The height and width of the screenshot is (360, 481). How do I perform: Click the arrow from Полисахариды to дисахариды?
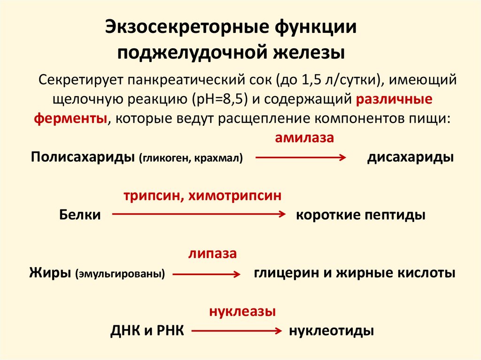[x=301, y=158]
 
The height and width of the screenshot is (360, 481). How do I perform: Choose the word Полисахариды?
[x=83, y=157]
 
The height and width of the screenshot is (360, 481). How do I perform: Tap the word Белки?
[x=80, y=215]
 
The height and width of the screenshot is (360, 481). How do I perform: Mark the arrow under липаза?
[x=206, y=273]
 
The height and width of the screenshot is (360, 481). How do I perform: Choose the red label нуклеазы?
[x=242, y=311]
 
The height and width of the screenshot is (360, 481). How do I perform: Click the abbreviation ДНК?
[x=126, y=330]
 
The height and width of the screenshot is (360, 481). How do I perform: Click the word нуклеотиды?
[x=332, y=330]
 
